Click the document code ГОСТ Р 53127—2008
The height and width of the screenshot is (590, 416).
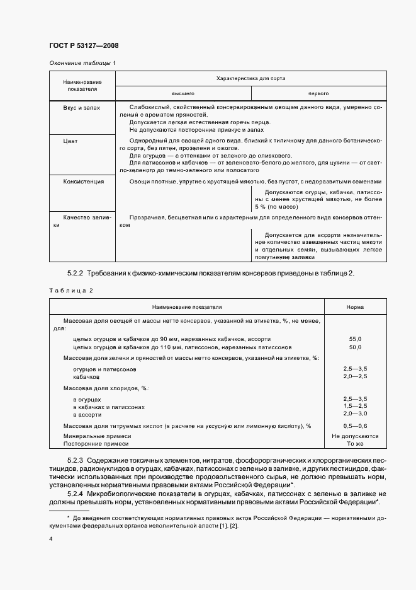point(83,45)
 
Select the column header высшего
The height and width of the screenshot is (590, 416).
point(183,93)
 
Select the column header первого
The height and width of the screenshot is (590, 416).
point(318,93)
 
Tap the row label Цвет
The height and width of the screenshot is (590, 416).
point(70,141)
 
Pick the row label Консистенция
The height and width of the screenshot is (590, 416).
point(83,182)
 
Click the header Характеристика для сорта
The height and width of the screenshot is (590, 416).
point(250,79)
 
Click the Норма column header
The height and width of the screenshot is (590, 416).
point(355,307)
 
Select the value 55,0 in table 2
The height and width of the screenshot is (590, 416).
point(355,339)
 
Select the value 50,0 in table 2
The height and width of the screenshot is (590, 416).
point(355,347)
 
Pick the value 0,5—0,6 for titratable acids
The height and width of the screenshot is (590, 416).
point(355,427)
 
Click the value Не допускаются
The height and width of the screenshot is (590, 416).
point(355,436)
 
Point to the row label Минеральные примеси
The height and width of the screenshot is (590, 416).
point(97,436)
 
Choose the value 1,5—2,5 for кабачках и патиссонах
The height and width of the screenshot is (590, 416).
point(355,407)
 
